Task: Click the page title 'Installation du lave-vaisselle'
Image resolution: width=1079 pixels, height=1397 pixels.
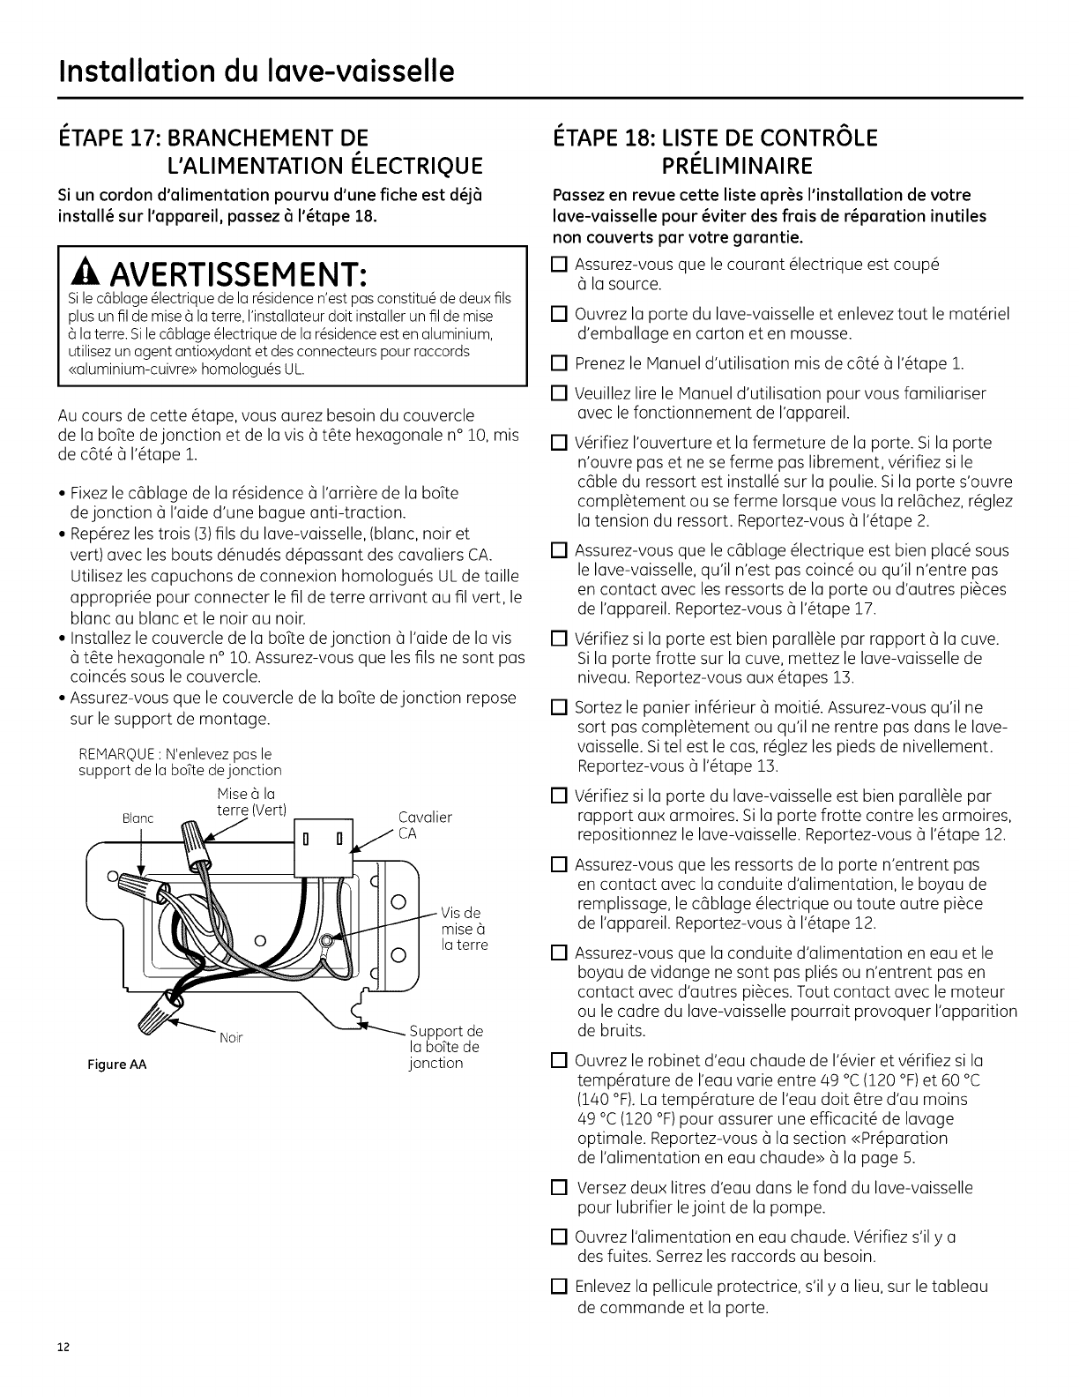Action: tap(257, 69)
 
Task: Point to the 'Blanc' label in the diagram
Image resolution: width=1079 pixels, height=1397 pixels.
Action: tap(138, 818)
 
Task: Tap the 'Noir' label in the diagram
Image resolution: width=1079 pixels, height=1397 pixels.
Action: tap(231, 1038)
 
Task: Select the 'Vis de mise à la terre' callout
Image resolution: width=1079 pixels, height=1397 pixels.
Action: tap(463, 929)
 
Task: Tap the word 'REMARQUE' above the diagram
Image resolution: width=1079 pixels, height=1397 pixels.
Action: tap(115, 754)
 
